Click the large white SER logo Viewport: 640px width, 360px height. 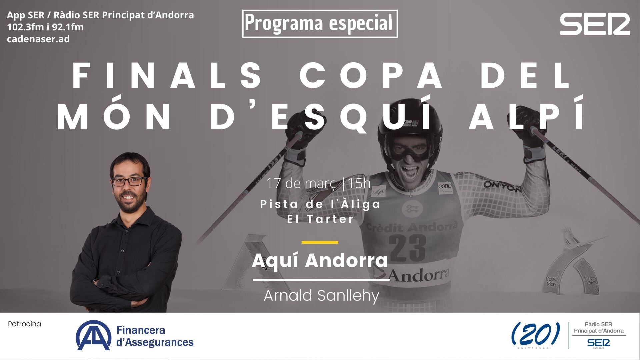(595, 24)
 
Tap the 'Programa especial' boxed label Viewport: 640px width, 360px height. (320, 23)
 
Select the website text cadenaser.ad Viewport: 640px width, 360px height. (39, 39)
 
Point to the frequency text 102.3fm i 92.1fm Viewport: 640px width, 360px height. (45, 27)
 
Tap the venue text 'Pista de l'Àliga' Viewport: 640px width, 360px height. (320, 204)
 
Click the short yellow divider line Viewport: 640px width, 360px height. (320, 242)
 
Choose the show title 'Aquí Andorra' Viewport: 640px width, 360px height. (320, 261)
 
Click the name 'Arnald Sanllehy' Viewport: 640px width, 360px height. (321, 295)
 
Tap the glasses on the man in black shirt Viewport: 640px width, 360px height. (130, 181)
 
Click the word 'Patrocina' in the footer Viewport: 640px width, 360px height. (24, 324)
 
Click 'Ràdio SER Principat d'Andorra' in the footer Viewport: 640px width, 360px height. (599, 328)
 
